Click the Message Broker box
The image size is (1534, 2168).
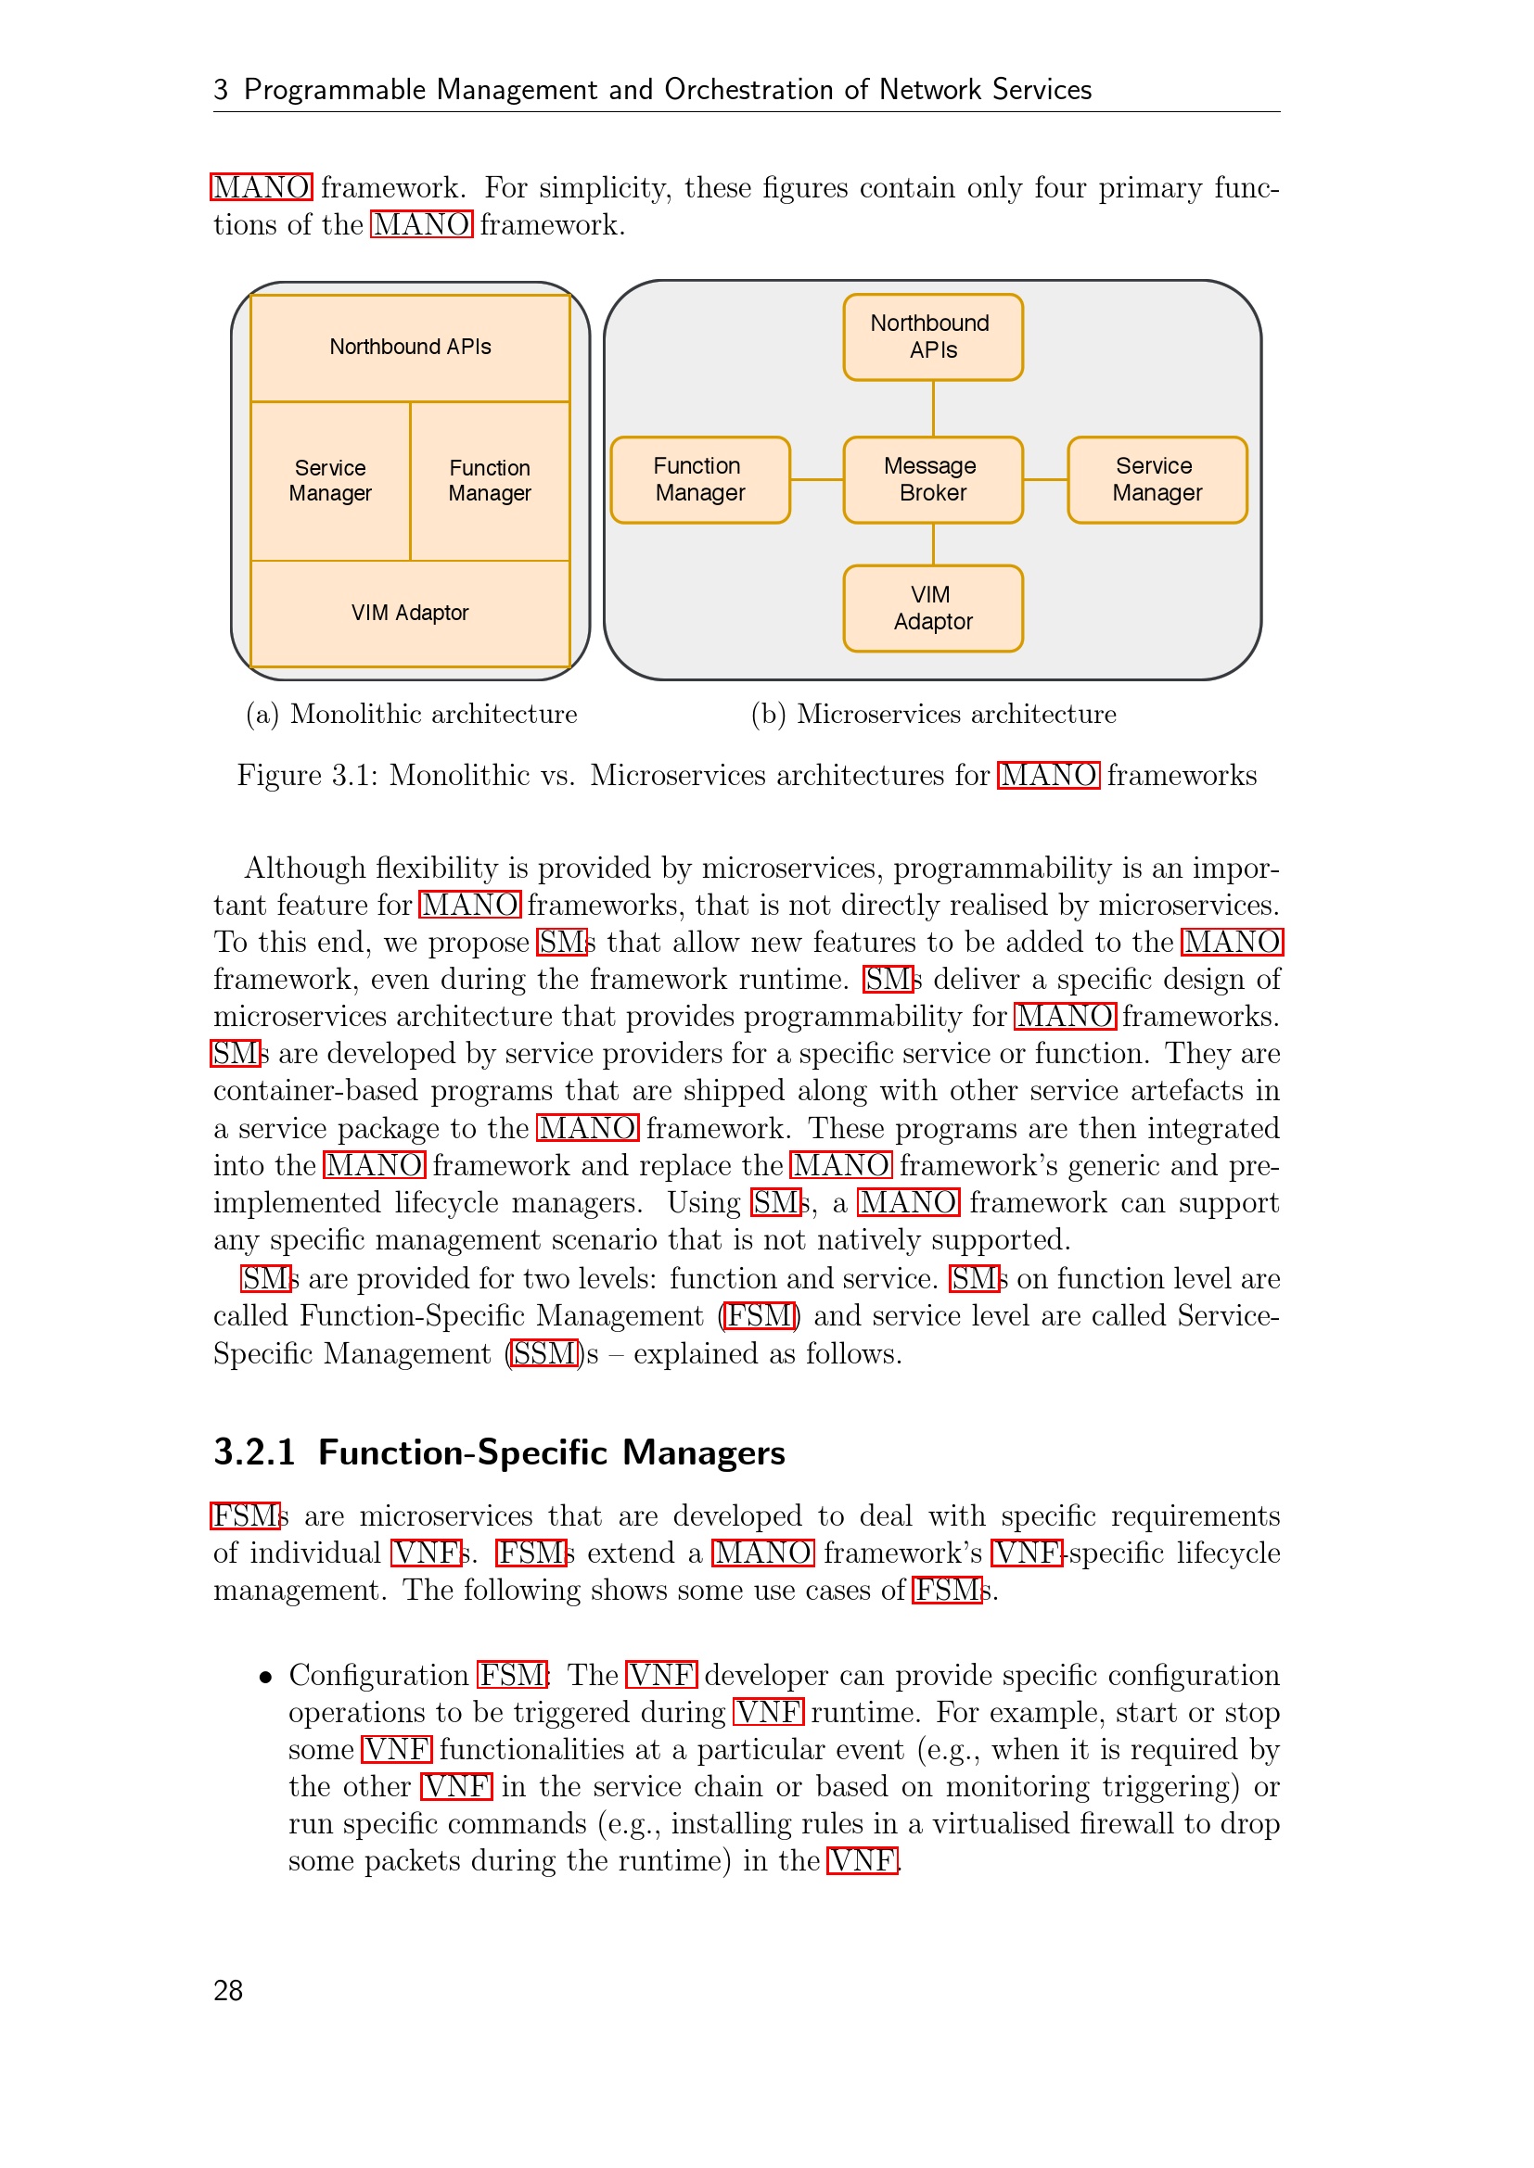932,480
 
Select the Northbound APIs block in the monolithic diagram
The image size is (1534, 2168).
410,348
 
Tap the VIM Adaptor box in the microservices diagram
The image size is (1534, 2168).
932,608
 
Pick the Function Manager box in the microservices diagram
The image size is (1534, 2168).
700,480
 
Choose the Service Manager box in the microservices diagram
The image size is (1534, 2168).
1157,480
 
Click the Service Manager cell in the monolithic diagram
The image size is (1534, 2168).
329,481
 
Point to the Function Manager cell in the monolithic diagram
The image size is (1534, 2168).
490,481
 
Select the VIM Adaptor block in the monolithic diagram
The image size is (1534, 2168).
410,613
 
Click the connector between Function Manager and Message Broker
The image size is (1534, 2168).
816,480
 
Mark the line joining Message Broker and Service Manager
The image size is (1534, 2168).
1044,480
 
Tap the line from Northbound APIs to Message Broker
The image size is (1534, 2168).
933,408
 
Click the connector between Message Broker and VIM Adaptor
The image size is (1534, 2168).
933,544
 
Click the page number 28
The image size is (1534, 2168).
228,1990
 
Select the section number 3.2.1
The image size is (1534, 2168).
254,1452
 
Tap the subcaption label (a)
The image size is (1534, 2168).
262,714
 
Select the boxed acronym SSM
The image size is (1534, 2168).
543,1353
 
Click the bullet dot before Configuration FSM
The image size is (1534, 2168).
266,1677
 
